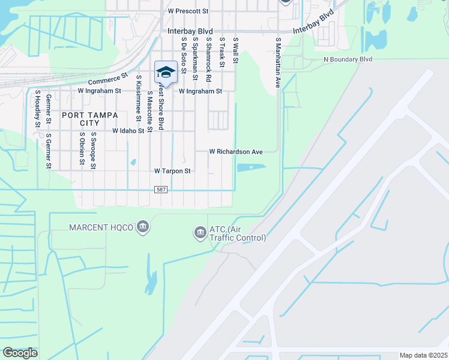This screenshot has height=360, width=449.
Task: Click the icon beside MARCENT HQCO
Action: click(142, 227)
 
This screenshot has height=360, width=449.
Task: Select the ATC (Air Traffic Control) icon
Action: click(199, 232)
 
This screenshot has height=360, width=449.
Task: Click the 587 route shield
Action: click(160, 189)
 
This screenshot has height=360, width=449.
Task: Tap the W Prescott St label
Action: click(188, 11)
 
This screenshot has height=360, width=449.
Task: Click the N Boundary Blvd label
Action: click(348, 59)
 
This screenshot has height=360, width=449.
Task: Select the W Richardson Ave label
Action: click(236, 152)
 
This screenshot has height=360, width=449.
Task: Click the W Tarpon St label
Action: click(172, 171)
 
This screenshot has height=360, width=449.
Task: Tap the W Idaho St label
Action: click(128, 130)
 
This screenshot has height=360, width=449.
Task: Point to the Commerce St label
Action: click(109, 79)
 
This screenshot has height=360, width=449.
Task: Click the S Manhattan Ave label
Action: click(278, 63)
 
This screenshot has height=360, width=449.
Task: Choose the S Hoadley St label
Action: click(37, 109)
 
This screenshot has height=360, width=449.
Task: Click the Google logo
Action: click(20, 353)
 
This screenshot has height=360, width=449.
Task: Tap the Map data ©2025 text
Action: click(423, 355)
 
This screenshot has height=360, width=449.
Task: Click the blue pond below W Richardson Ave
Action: click(251, 167)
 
